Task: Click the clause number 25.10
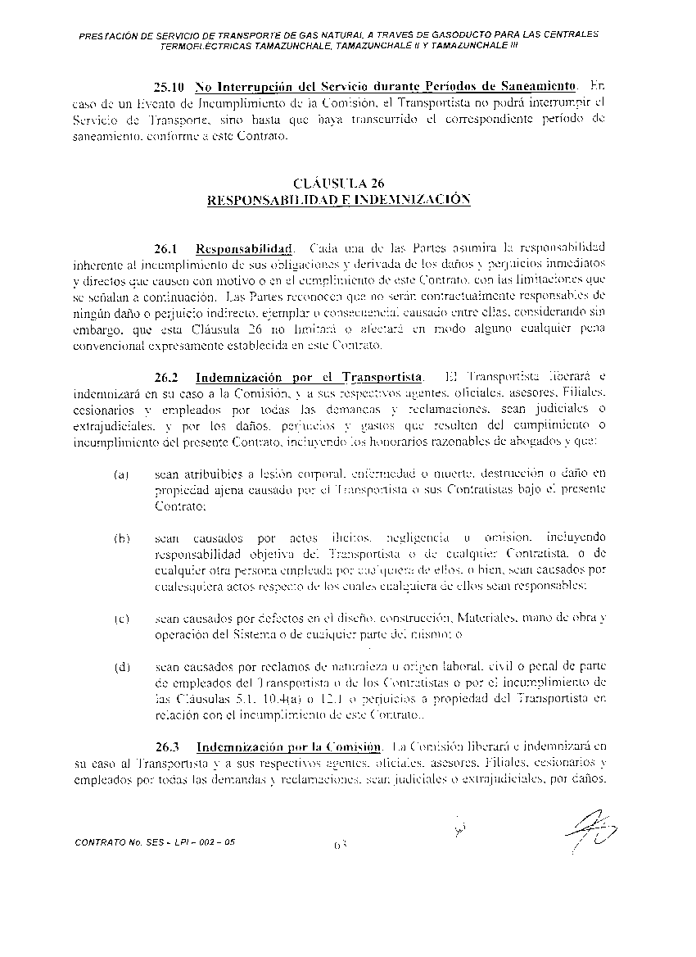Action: (169, 87)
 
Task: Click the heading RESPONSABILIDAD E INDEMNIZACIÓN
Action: (338, 199)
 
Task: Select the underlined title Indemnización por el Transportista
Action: (309, 378)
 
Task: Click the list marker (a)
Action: (121, 474)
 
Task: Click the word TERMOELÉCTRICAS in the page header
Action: (202, 47)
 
